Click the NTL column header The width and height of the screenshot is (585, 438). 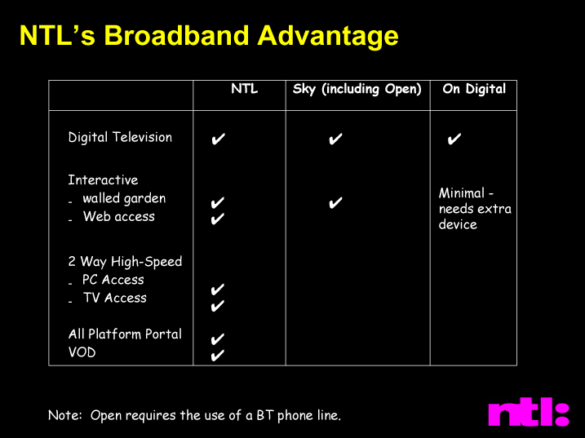click(x=245, y=89)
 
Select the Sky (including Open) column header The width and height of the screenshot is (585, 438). click(x=357, y=89)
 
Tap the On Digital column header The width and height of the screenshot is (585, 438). click(x=474, y=89)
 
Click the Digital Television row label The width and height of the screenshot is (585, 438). click(x=120, y=137)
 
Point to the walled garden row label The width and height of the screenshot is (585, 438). click(x=124, y=198)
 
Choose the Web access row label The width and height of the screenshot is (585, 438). click(x=119, y=216)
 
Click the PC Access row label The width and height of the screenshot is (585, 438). click(x=113, y=280)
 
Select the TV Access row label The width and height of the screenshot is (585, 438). click(x=115, y=298)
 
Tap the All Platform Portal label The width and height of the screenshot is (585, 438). click(x=125, y=334)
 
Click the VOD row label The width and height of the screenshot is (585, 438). click(x=82, y=352)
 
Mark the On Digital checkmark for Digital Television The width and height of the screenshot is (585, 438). click(x=454, y=139)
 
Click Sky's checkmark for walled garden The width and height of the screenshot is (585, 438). click(x=335, y=202)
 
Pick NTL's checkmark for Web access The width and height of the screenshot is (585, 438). click(x=218, y=219)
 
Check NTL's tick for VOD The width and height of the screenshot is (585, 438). click(x=218, y=355)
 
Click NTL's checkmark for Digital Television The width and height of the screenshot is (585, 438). click(x=219, y=139)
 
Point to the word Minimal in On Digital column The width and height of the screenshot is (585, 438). click(x=462, y=193)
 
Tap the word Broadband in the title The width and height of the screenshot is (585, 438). click(x=177, y=36)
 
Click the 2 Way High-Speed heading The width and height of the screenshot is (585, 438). click(x=125, y=262)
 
